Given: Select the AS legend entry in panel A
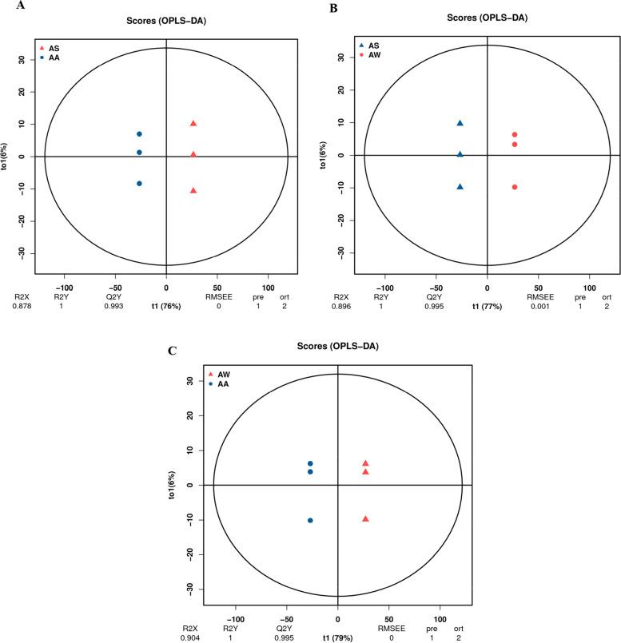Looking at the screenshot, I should pos(52,48).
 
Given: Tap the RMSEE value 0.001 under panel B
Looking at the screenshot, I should pos(539,304).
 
